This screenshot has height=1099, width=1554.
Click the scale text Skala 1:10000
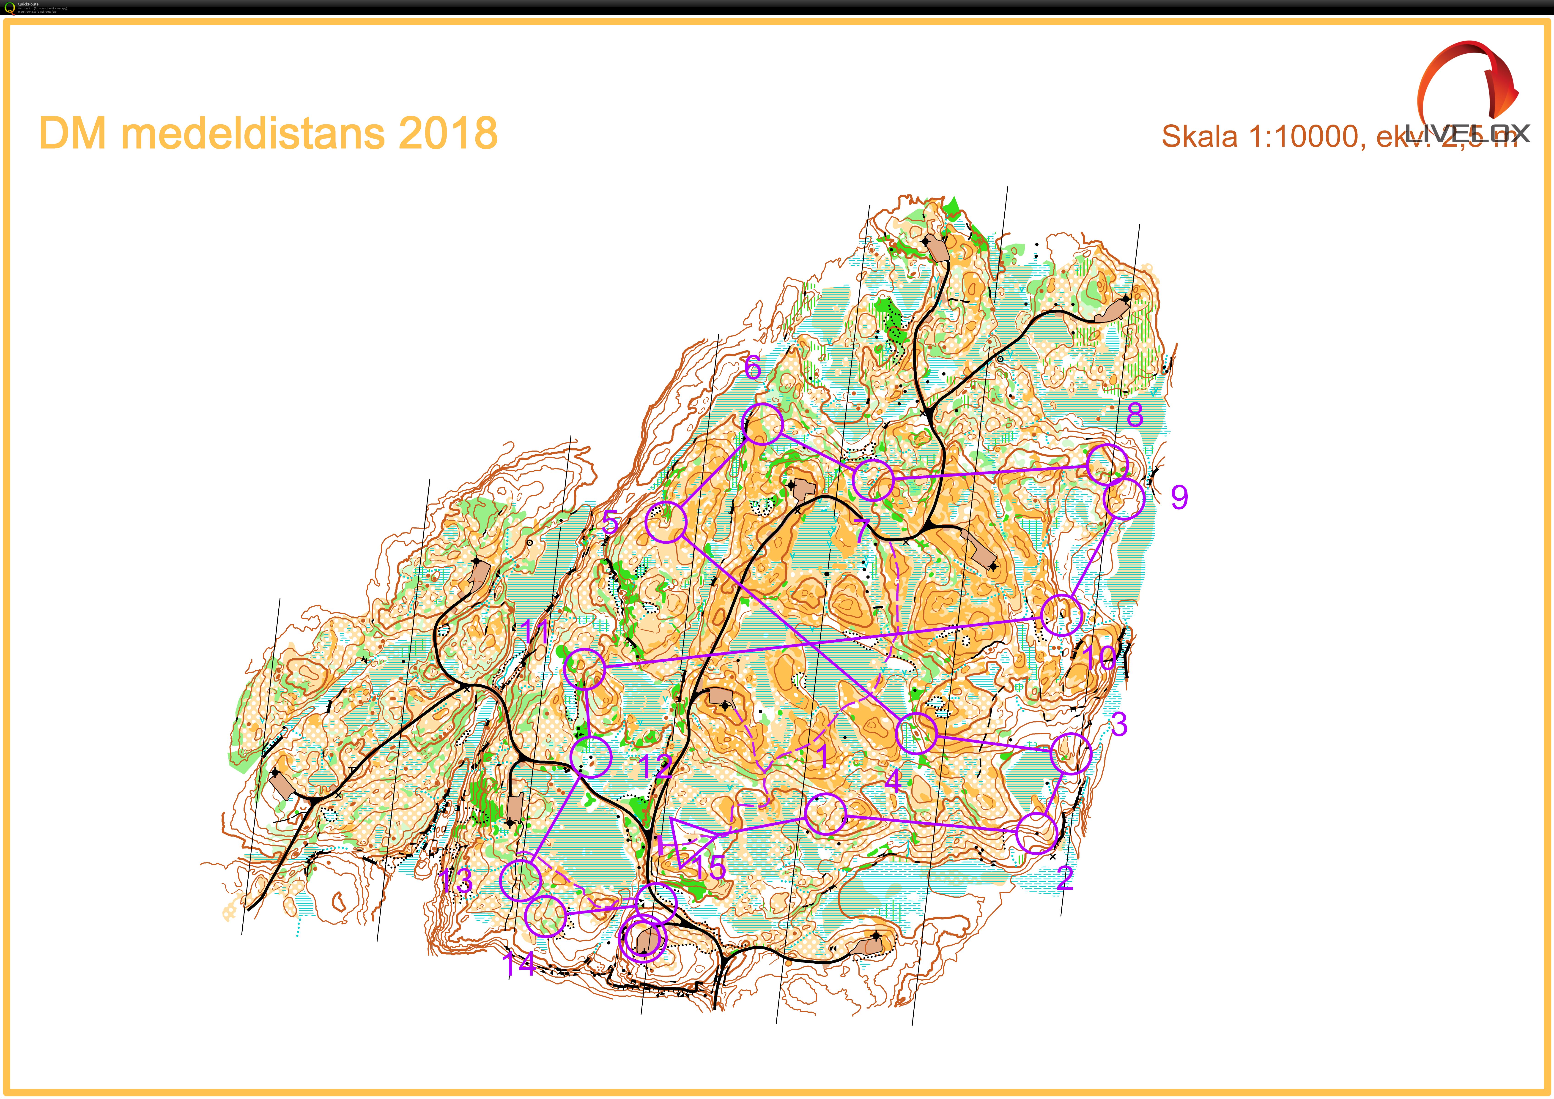tap(1259, 137)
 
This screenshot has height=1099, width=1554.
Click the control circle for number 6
tap(763, 424)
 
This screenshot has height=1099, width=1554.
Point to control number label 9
tap(1179, 497)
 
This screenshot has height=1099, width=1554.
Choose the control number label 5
tap(611, 522)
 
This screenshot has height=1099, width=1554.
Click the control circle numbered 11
tap(584, 669)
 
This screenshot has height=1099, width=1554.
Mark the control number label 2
tap(1065, 878)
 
